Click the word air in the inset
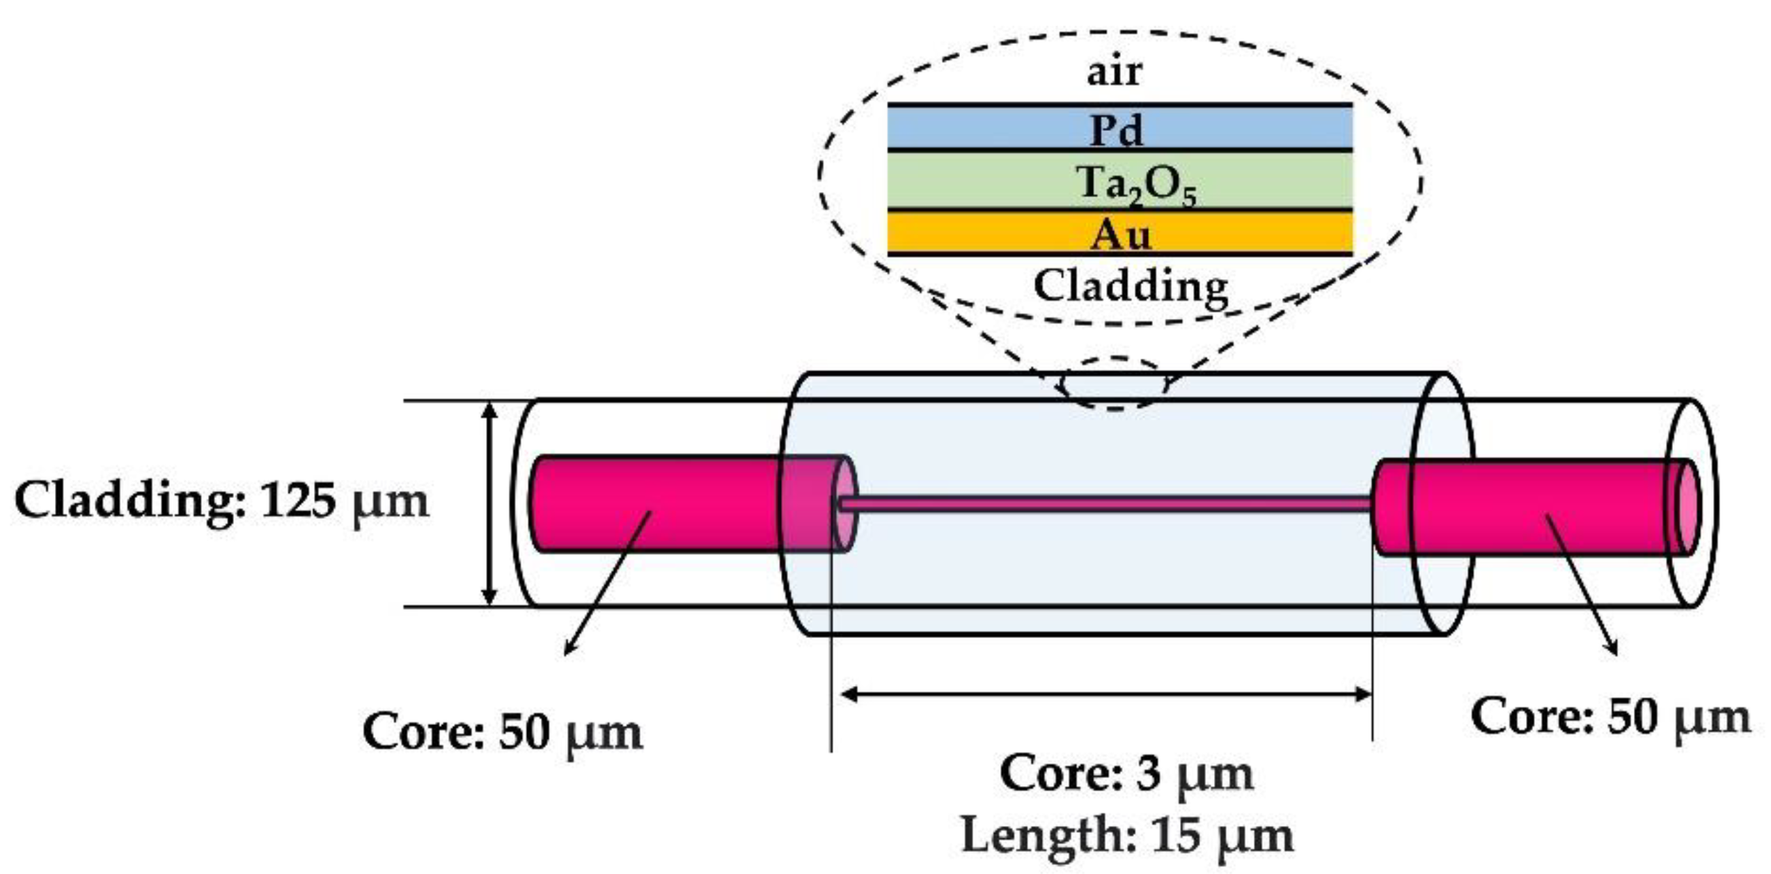tap(1114, 72)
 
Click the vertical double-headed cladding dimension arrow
tap(489, 504)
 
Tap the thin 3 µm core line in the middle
tap(1107, 504)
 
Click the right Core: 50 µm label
tap(1610, 717)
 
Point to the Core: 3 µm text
tap(1126, 774)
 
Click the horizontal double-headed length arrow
tap(1107, 694)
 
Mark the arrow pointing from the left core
tap(606, 585)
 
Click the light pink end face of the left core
tap(844, 504)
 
